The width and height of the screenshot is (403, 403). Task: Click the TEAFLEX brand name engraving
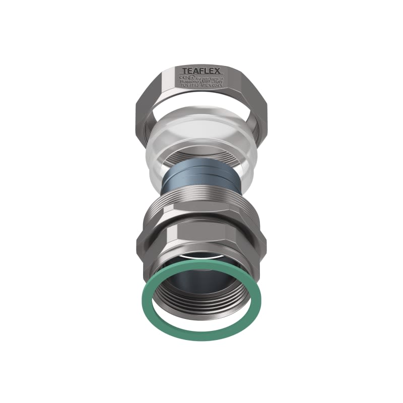tap(199, 71)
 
